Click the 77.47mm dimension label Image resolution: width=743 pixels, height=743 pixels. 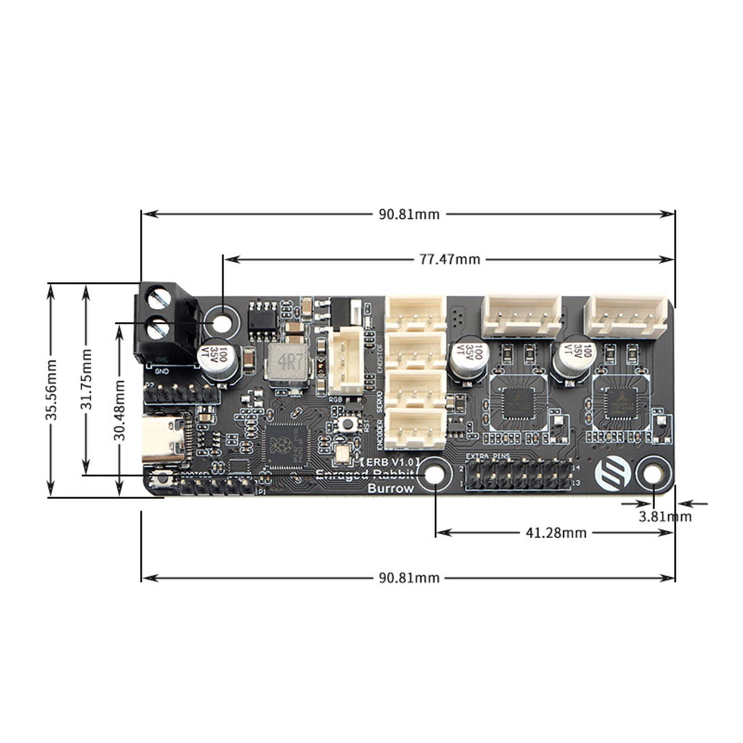pos(450,259)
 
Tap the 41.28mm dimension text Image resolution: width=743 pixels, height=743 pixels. pos(555,532)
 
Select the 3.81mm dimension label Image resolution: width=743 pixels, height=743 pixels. pos(665,516)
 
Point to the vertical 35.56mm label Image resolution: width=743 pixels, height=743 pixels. pos(51,390)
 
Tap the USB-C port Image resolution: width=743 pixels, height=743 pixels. pos(163,437)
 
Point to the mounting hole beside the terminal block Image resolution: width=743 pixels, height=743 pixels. pos(222,323)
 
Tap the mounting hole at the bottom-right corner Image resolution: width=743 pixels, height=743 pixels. pos(653,475)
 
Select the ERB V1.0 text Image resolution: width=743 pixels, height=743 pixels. pos(390,462)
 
